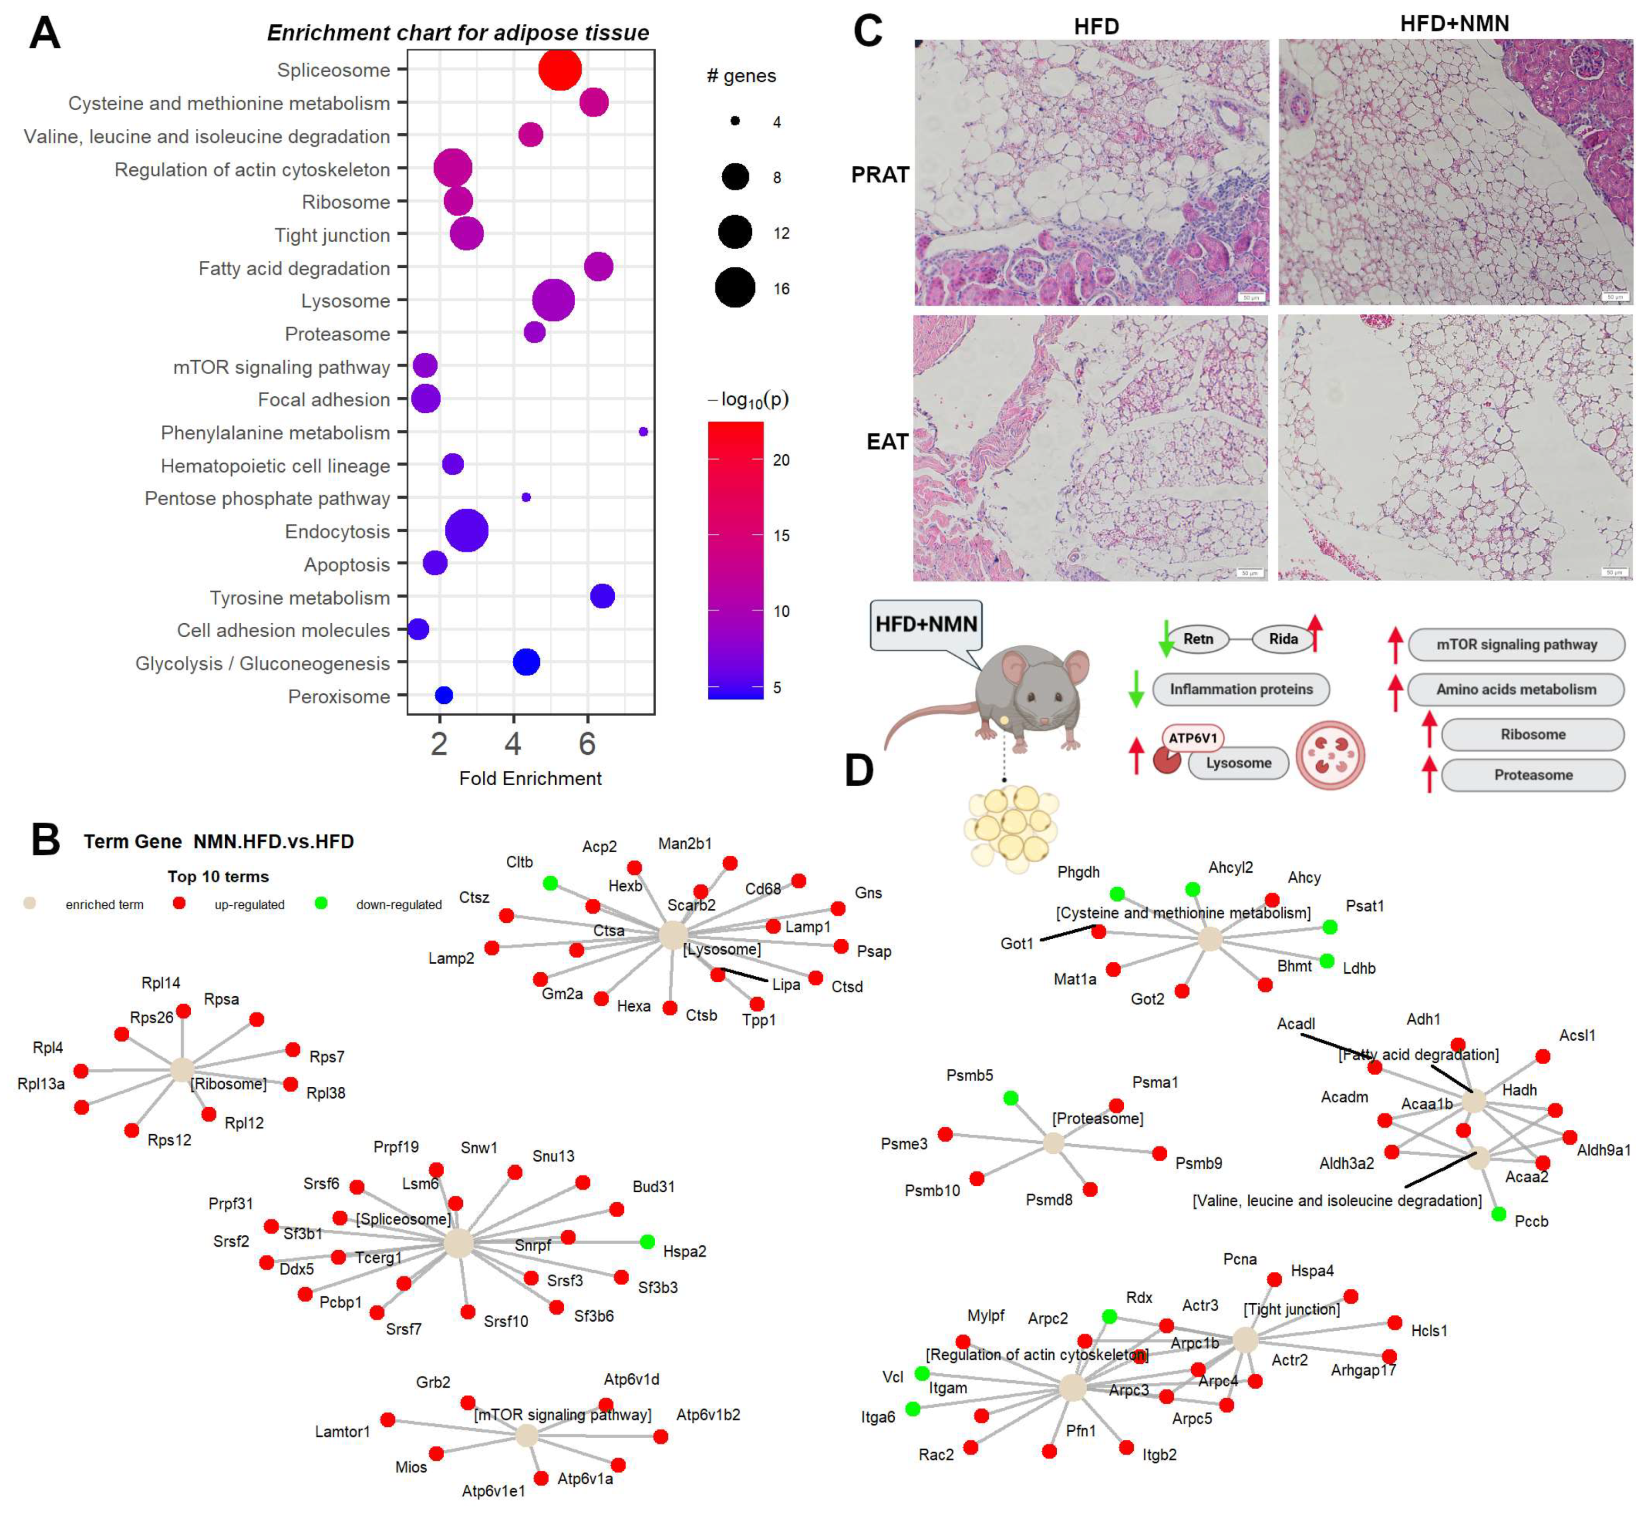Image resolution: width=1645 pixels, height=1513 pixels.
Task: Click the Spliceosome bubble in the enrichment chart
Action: [x=560, y=70]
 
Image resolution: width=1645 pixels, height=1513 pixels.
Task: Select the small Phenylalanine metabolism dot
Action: [x=643, y=431]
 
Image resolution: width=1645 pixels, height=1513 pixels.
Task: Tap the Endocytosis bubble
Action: [x=467, y=531]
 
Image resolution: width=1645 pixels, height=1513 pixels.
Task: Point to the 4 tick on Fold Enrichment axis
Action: [x=513, y=743]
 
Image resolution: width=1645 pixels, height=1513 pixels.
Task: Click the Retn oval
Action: [x=1198, y=639]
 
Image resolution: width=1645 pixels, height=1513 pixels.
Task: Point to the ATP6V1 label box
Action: [x=1192, y=738]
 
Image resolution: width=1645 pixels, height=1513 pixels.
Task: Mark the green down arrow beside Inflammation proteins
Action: [x=1135, y=688]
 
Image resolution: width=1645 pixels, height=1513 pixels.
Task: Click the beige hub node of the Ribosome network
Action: [x=182, y=1069]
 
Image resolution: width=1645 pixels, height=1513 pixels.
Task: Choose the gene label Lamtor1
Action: [x=342, y=1432]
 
